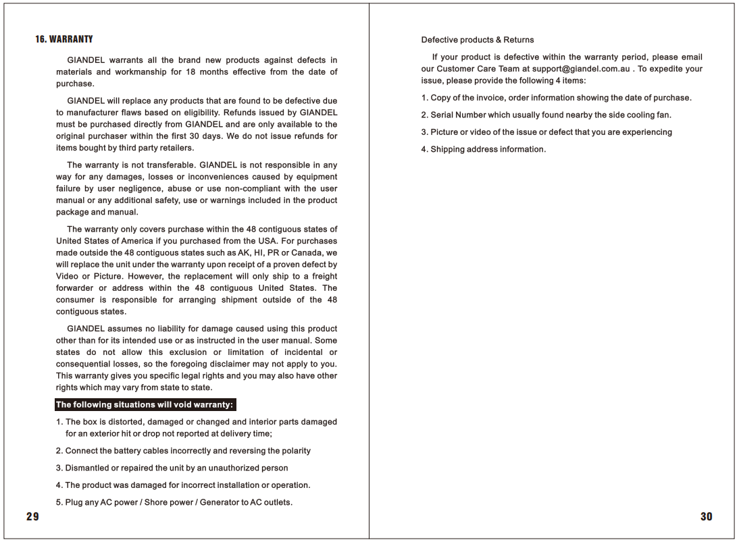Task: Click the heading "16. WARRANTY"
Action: (64, 39)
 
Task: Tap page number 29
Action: (32, 517)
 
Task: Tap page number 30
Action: (706, 517)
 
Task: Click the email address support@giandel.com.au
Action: (581, 69)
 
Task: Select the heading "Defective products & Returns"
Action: (478, 40)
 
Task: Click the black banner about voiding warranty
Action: (145, 405)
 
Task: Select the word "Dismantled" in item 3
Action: (86, 468)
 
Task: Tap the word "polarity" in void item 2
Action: (295, 451)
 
